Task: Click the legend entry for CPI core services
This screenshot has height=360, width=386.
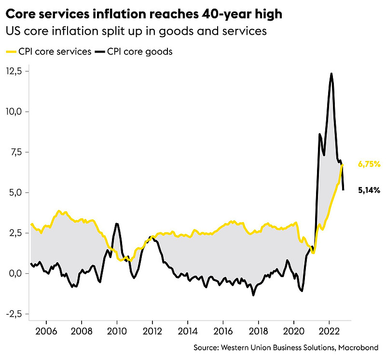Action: click(48, 52)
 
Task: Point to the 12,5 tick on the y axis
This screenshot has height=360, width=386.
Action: click(14, 71)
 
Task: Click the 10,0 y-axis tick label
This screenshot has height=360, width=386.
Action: click(14, 112)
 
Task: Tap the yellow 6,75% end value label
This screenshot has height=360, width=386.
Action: click(369, 164)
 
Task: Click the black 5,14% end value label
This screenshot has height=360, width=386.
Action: click(369, 190)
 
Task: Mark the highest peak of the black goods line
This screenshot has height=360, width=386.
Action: click(331, 74)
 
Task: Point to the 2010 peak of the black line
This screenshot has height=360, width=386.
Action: click(117, 224)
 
